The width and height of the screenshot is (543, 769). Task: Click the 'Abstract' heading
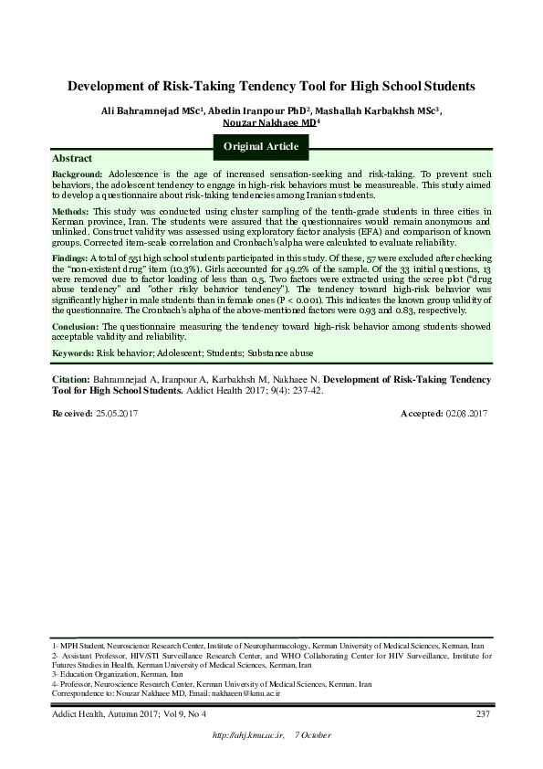click(x=72, y=158)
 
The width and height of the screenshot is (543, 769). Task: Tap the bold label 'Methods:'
click(x=71, y=210)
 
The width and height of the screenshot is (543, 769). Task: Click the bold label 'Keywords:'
click(x=74, y=352)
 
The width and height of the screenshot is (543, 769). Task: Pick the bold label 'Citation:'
click(x=72, y=378)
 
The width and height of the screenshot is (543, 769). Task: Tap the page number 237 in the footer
click(x=484, y=713)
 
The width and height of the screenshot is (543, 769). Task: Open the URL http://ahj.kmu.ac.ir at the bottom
click(x=247, y=735)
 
